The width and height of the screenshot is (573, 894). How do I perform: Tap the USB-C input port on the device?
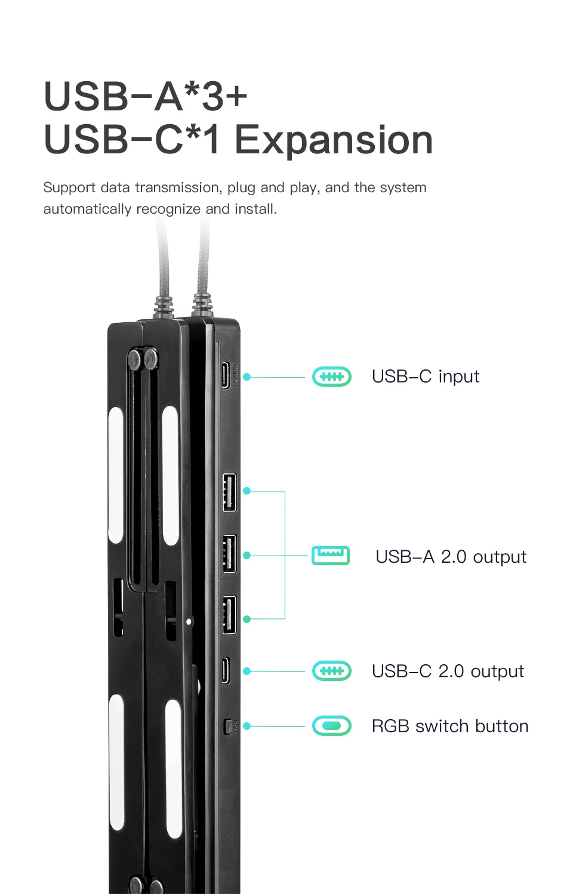[225, 375]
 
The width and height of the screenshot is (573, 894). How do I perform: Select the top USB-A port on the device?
[229, 492]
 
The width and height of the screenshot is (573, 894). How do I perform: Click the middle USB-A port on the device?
[229, 554]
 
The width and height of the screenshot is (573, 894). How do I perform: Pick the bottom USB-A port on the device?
[229, 615]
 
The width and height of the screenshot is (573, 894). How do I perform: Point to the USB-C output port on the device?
[225, 670]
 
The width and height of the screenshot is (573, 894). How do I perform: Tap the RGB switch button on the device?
[227, 726]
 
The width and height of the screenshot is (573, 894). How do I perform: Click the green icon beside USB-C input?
[332, 377]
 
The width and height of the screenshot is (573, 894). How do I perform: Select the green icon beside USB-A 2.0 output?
[331, 556]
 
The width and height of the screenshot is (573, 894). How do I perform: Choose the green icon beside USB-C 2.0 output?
[332, 671]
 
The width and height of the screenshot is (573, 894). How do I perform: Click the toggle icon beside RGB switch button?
[332, 726]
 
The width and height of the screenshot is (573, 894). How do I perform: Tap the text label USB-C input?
[425, 377]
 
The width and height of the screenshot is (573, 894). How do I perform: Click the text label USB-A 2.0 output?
[451, 557]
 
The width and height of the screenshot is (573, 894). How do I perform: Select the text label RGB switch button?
[449, 726]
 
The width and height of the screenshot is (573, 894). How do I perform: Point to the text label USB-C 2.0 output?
[448, 671]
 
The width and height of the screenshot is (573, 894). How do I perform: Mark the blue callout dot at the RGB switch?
[247, 726]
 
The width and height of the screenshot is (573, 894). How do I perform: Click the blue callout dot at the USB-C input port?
[247, 377]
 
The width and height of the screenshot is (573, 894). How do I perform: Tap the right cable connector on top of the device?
[202, 304]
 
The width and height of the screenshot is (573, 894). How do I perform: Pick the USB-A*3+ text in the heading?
[146, 97]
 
